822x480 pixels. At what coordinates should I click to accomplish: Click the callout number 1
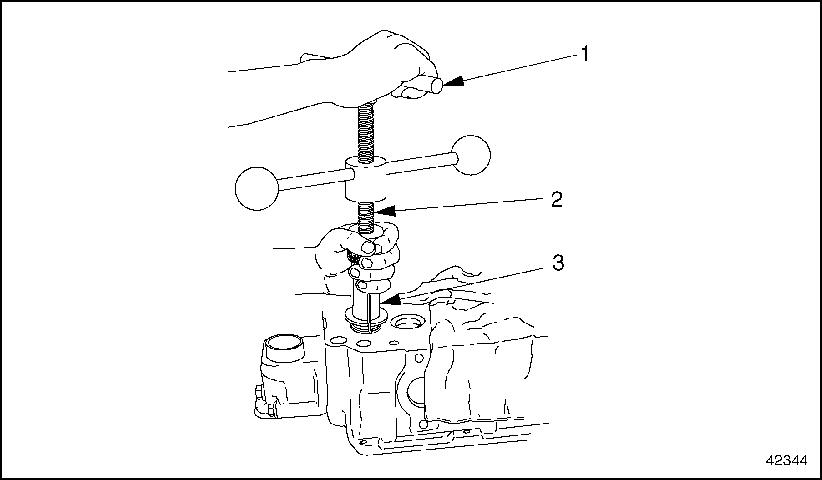pyautogui.click(x=585, y=55)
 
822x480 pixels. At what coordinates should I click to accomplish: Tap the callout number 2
pyautogui.click(x=557, y=200)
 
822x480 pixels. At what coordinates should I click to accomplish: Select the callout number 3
pyautogui.click(x=558, y=263)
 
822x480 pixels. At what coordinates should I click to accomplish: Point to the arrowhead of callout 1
pyautogui.click(x=453, y=81)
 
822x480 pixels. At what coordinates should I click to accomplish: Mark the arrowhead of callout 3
pyautogui.click(x=391, y=299)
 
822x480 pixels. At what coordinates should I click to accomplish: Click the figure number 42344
pyautogui.click(x=786, y=461)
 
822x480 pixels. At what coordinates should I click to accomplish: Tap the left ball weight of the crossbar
pyautogui.click(x=256, y=189)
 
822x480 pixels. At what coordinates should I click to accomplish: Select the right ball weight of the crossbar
pyautogui.click(x=471, y=155)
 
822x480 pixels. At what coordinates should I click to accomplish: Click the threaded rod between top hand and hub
pyautogui.click(x=367, y=133)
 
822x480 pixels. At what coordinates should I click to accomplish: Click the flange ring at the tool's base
pyautogui.click(x=365, y=317)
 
